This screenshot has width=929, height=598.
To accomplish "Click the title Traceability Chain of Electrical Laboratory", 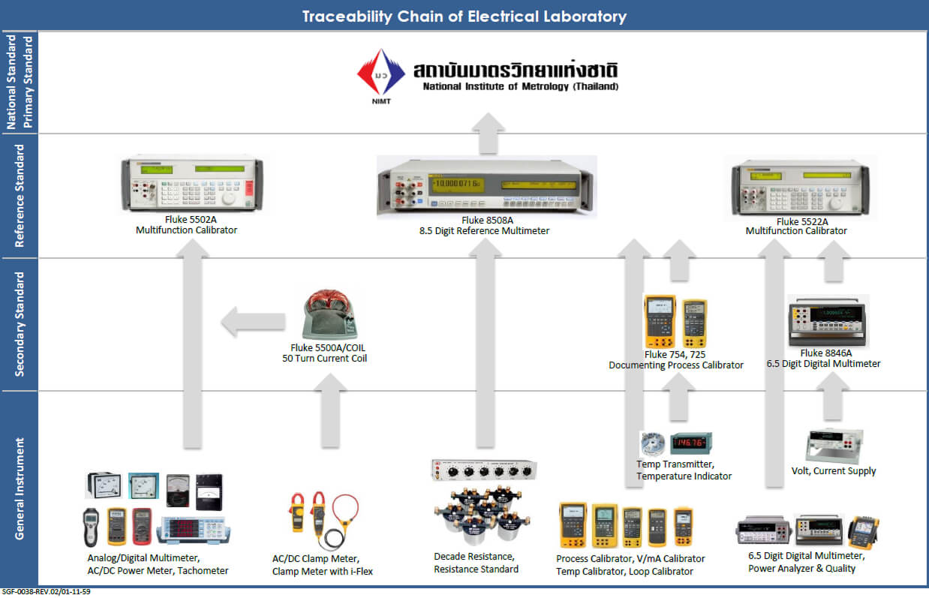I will [x=464, y=16].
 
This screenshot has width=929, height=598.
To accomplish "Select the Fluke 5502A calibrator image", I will [x=192, y=185].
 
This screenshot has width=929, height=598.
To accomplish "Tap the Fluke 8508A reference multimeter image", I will [x=486, y=186].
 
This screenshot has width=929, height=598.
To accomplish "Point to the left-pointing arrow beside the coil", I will [x=252, y=322].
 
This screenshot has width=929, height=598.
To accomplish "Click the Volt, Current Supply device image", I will [x=834, y=446].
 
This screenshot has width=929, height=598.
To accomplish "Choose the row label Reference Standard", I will [x=20, y=196].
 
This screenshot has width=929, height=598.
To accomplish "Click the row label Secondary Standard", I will [x=20, y=324].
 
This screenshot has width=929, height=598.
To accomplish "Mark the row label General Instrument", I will [x=20, y=488].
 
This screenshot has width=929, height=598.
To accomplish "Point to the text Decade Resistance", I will [x=474, y=556].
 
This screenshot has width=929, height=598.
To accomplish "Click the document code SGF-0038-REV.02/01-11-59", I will [x=47, y=592].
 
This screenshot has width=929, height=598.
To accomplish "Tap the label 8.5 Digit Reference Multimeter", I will [x=484, y=231].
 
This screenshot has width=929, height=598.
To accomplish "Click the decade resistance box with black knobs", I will [x=484, y=470].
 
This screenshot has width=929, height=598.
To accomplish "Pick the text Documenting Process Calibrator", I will [x=675, y=365].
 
